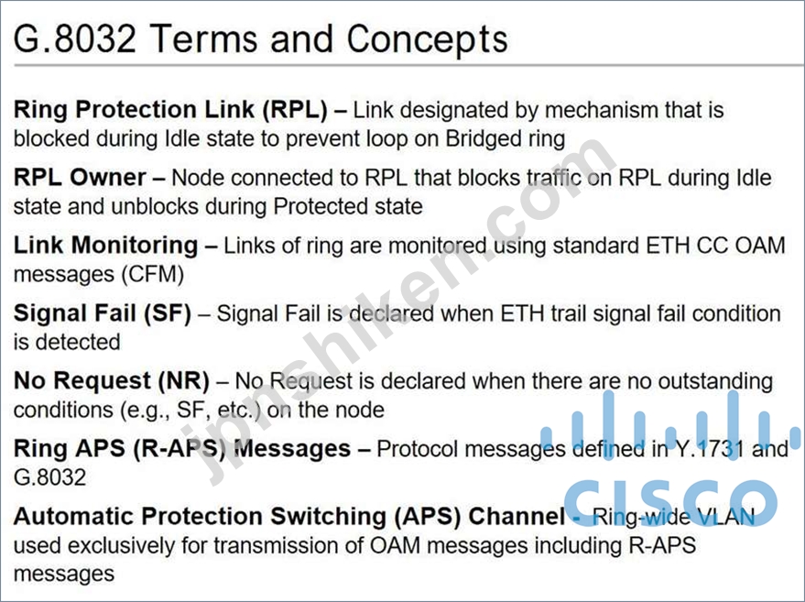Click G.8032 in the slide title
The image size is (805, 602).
[75, 38]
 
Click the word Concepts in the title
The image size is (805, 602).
[427, 39]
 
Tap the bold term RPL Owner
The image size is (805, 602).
[80, 178]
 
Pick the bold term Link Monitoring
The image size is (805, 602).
[105, 246]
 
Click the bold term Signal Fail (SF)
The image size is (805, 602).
[103, 314]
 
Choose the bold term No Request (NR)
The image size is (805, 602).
[112, 382]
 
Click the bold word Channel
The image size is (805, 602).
[517, 516]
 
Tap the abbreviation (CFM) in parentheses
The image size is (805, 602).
[152, 274]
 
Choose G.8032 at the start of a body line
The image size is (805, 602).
[49, 477]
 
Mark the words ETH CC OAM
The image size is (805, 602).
[715, 246]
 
